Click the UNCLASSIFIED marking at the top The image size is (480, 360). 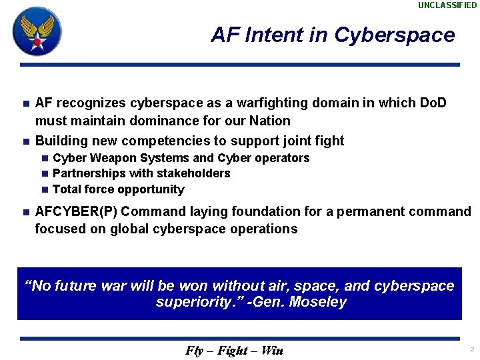click(x=447, y=5)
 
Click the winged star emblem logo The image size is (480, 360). click(x=37, y=31)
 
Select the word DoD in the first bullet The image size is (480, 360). click(x=433, y=103)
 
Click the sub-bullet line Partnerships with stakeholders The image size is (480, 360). click(x=141, y=173)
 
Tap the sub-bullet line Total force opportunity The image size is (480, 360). click(x=118, y=189)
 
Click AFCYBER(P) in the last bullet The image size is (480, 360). click(x=76, y=212)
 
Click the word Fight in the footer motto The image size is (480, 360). click(x=234, y=351)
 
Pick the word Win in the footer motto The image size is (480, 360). click(x=272, y=351)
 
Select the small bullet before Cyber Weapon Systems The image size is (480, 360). click(x=44, y=159)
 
